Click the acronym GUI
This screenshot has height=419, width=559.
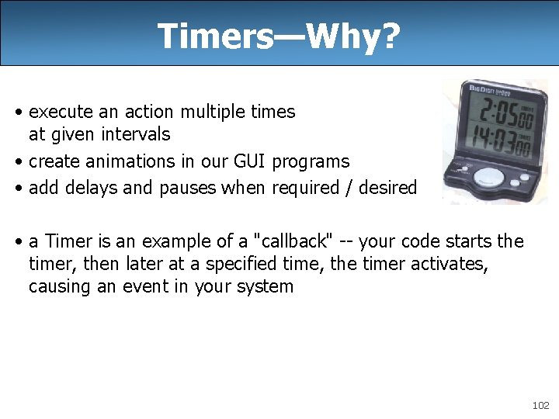pyautogui.click(x=245, y=161)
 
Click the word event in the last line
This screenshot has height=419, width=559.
pyautogui.click(x=172, y=286)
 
